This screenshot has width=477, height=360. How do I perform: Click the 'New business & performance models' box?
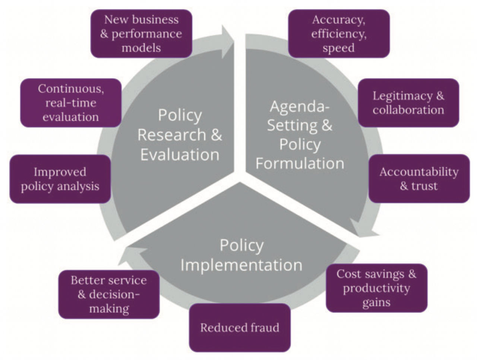(x=141, y=34)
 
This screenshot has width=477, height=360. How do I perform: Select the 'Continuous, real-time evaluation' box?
(x=71, y=103)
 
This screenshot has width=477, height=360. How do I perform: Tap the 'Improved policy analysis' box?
(x=60, y=179)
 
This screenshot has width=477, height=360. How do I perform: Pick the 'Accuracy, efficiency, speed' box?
(x=339, y=34)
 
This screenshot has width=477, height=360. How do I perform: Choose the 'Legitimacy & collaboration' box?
(x=408, y=103)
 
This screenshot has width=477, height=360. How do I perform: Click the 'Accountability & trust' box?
(x=419, y=179)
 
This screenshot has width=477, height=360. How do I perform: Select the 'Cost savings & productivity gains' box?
(x=376, y=288)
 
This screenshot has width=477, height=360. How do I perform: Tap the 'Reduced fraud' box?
(x=240, y=328)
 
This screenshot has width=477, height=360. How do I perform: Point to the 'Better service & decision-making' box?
(x=109, y=294)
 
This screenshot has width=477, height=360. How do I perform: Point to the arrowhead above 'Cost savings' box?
(x=363, y=229)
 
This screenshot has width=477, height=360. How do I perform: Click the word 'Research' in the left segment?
(x=171, y=135)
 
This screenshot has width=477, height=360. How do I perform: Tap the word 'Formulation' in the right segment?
(x=300, y=164)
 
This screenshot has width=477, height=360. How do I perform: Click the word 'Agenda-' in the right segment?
(x=300, y=107)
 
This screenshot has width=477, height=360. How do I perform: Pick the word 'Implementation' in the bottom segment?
(x=241, y=265)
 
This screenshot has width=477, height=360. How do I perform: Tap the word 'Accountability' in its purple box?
(x=419, y=172)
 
